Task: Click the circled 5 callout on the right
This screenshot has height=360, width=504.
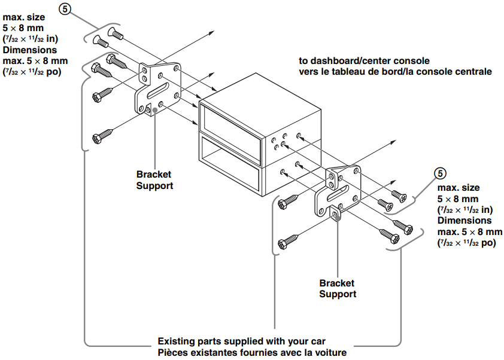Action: point(439,173)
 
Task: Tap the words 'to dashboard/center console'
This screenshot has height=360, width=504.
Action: point(365,61)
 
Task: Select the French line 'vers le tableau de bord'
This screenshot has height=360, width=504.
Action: point(395,72)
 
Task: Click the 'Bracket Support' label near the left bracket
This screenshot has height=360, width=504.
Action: point(154,180)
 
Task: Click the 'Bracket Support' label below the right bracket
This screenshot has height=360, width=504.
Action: point(337,288)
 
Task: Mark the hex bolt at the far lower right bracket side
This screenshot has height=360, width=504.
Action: point(391,235)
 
